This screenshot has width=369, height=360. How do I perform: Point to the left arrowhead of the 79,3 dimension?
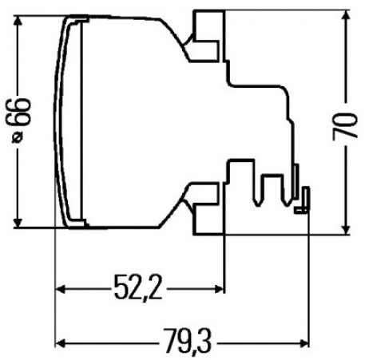point(61,342)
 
